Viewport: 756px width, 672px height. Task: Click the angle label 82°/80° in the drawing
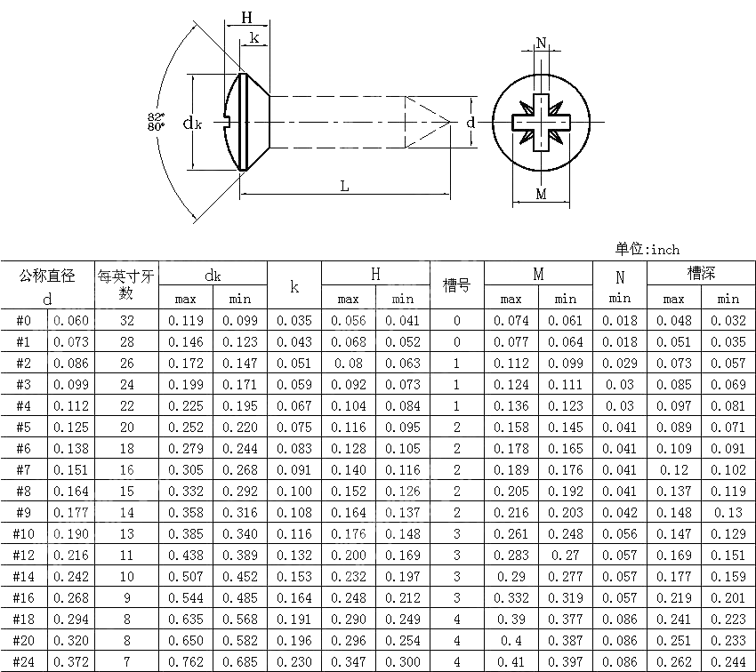click(157, 122)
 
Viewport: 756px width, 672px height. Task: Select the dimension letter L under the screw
click(344, 185)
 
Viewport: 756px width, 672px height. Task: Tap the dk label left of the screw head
click(192, 124)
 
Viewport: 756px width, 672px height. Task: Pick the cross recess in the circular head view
click(541, 122)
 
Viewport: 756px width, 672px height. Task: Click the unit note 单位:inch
click(647, 249)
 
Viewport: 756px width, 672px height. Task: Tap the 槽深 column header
click(701, 273)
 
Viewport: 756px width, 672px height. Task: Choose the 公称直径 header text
click(47, 276)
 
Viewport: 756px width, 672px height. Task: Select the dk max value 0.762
click(186, 662)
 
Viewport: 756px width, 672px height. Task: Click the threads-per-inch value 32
click(126, 321)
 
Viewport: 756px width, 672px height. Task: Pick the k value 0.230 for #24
click(294, 662)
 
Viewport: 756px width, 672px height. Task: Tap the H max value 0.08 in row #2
click(349, 364)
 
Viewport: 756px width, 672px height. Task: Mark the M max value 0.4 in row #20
click(511, 641)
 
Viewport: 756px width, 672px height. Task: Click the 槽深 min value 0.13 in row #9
click(728, 513)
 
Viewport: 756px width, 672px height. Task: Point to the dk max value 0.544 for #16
click(186, 598)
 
